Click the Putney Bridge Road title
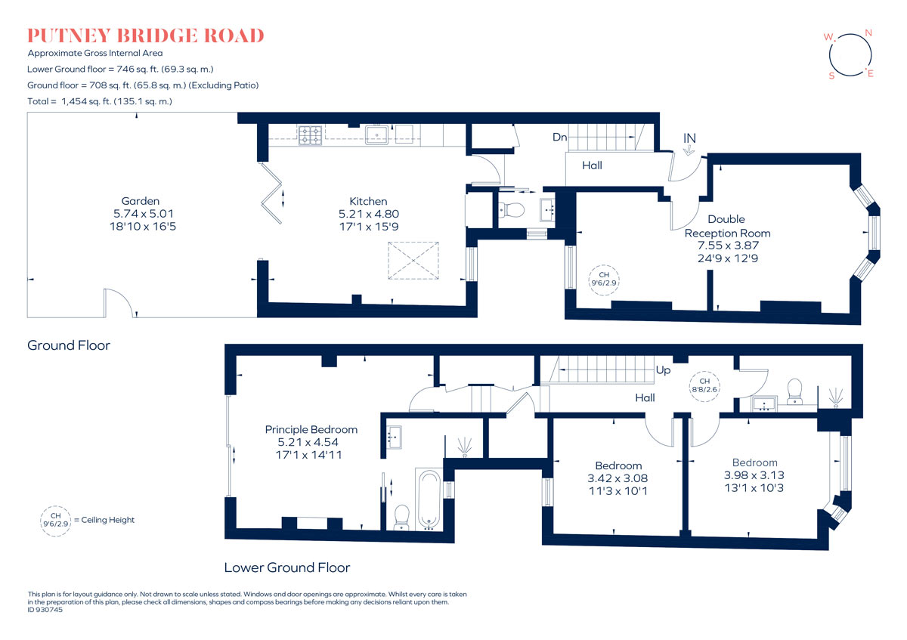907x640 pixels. pyautogui.click(x=146, y=36)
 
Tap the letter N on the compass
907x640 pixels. pyautogui.click(x=868, y=32)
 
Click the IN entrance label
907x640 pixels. pyautogui.click(x=689, y=138)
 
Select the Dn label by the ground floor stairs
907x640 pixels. pyautogui.click(x=559, y=138)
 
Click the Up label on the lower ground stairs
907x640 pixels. pyautogui.click(x=664, y=370)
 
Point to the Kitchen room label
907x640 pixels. pyautogui.click(x=368, y=201)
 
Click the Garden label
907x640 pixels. pyautogui.click(x=141, y=201)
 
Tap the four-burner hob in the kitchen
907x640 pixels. pyautogui.click(x=310, y=135)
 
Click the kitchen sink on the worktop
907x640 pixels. pyautogui.click(x=376, y=134)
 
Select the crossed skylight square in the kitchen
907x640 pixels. pyautogui.click(x=413, y=261)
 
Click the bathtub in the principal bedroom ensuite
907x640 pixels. pyautogui.click(x=429, y=499)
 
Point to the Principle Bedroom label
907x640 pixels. pyautogui.click(x=311, y=429)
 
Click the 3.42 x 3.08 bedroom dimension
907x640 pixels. pyautogui.click(x=618, y=478)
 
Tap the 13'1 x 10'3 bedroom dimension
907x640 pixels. pyautogui.click(x=754, y=488)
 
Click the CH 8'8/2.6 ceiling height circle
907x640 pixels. pyautogui.click(x=704, y=387)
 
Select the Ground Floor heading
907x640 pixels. pyautogui.click(x=69, y=345)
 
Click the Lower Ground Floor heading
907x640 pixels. pyautogui.click(x=287, y=567)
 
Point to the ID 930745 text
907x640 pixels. pyautogui.click(x=45, y=610)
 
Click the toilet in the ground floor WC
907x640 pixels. pyautogui.click(x=512, y=210)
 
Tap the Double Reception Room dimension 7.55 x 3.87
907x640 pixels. pyautogui.click(x=728, y=246)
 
